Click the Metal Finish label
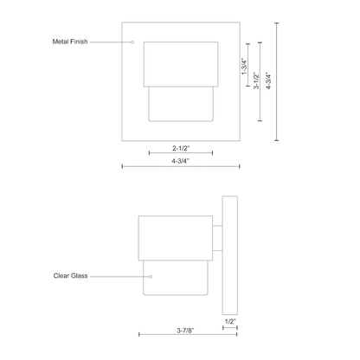tap(70, 42)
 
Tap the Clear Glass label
tap(70, 276)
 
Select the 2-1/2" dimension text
tap(181, 148)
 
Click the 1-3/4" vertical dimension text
tap(244, 67)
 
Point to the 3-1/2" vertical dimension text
tap(256, 80)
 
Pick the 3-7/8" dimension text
tap(185, 331)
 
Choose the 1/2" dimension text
tap(230, 321)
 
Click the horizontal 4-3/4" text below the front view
tap(181, 161)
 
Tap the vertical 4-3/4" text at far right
tap(268, 80)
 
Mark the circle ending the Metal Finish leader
tap(132, 42)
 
